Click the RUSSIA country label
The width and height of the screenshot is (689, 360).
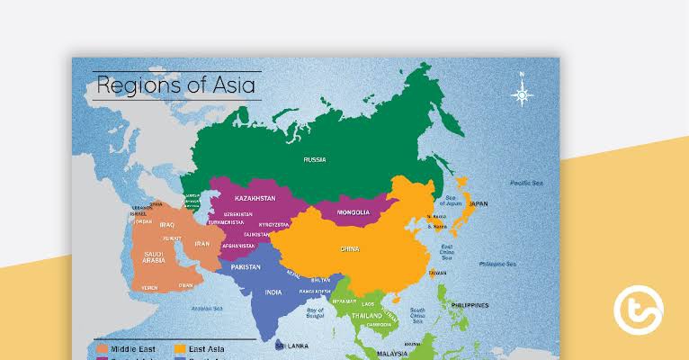pos(314,159)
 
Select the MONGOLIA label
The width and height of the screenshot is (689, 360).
pos(353,212)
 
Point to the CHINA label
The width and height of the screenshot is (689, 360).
pos(349,248)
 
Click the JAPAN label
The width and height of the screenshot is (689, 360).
pos(479,204)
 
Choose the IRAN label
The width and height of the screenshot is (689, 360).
pos(201,244)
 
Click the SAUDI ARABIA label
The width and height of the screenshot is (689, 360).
pos(154,258)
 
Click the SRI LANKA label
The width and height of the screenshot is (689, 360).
pos(293,345)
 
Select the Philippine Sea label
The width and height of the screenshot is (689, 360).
pos(497,264)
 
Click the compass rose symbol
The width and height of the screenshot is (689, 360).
pos(521,94)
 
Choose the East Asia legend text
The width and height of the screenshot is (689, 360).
pos(207,348)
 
